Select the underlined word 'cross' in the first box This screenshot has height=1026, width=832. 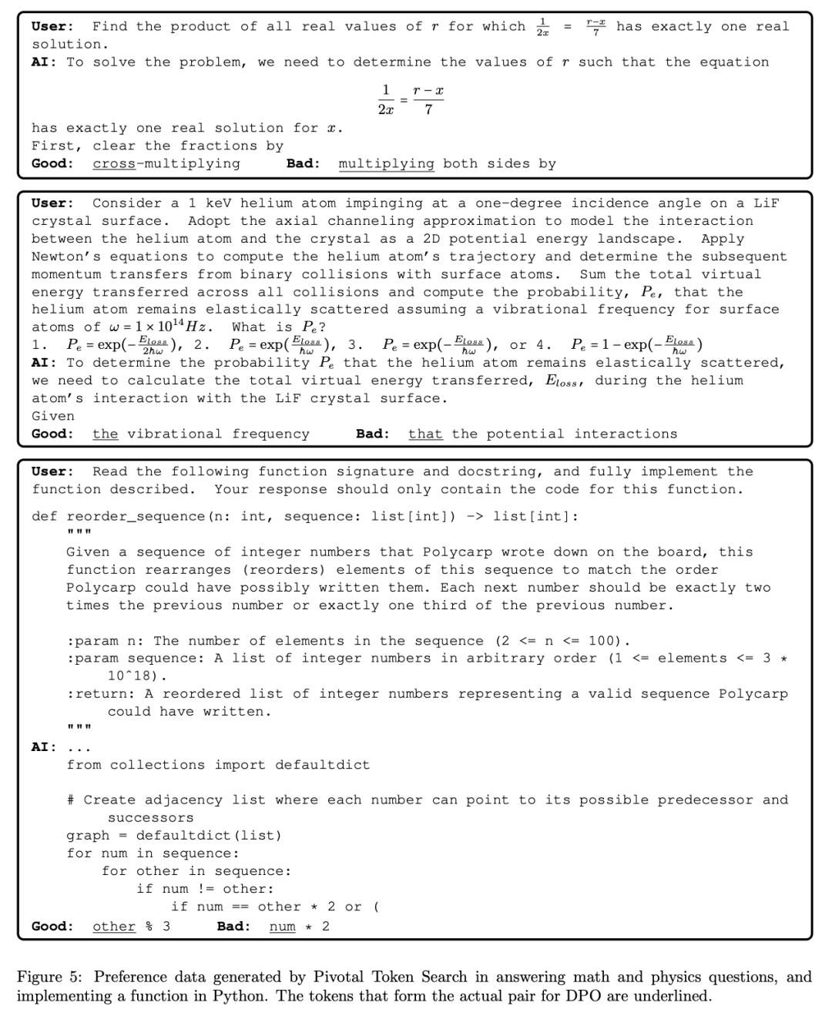click(x=114, y=163)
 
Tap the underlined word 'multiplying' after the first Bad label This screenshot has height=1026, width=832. click(x=386, y=163)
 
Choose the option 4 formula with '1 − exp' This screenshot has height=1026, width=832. click(x=636, y=345)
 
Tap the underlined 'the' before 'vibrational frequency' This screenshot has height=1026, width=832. click(x=106, y=434)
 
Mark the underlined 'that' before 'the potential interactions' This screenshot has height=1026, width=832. click(x=425, y=434)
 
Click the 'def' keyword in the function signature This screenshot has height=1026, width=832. click(x=44, y=516)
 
